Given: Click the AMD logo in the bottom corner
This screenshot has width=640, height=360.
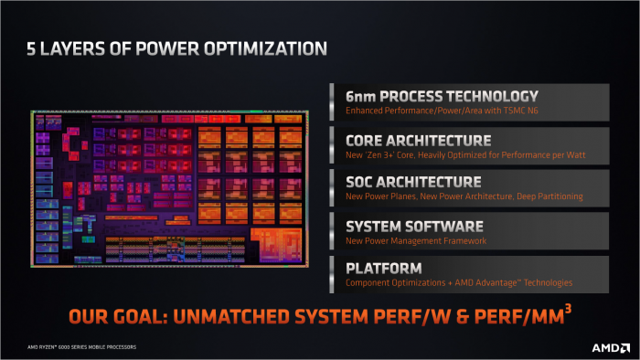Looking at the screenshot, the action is click(x=611, y=347).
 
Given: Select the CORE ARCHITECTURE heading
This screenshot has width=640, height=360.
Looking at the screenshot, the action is click(x=418, y=141).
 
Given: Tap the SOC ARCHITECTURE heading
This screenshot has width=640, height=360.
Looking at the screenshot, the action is click(x=412, y=182).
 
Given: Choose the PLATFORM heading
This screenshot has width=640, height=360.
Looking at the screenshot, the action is click(x=383, y=269).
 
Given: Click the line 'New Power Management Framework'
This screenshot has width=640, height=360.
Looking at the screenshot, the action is click(x=415, y=240).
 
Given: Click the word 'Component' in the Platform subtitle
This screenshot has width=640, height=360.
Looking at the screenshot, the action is click(x=367, y=283).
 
